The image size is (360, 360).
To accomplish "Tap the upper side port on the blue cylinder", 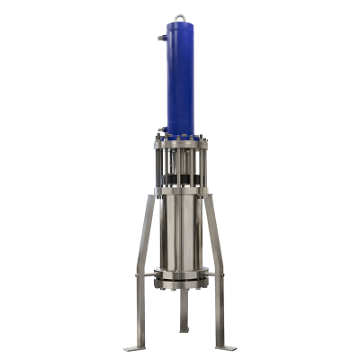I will click(x=159, y=37).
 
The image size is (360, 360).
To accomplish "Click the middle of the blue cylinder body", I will click(x=180, y=81).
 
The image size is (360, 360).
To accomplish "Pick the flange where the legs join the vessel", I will click(x=180, y=190).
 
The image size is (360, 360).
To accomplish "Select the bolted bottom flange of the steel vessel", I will click(x=180, y=281).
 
